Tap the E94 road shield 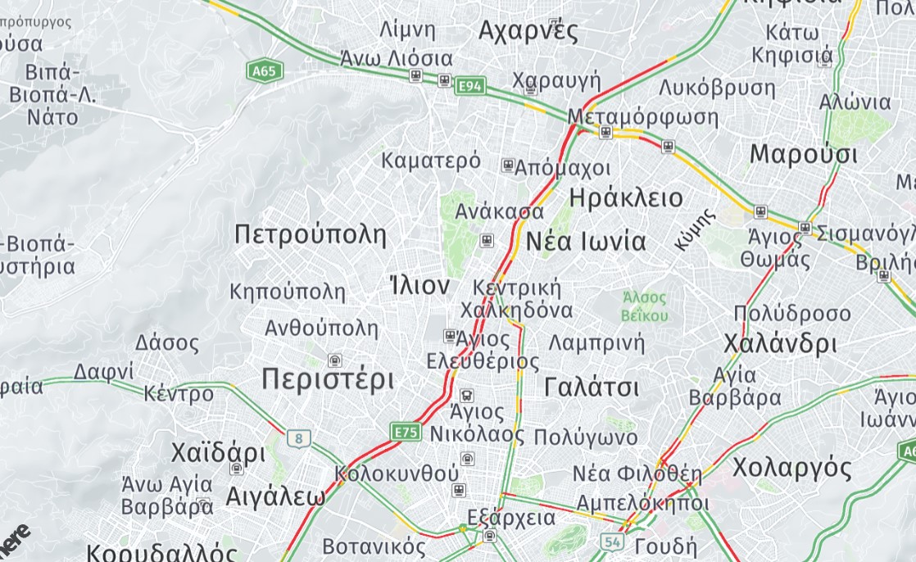(471, 85)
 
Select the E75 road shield (406, 432)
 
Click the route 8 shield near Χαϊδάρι (299, 438)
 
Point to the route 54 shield (611, 542)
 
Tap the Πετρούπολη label (310, 235)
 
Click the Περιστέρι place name (328, 379)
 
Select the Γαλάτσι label (592, 387)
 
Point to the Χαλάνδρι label (779, 343)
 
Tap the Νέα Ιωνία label (586, 242)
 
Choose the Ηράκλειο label (625, 197)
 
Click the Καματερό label (431, 160)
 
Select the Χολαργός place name (791, 468)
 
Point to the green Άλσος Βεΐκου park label (644, 306)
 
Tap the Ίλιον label (419, 286)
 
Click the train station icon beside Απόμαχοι (508, 166)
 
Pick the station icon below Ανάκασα (487, 240)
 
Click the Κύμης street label (696, 230)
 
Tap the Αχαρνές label (528, 31)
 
